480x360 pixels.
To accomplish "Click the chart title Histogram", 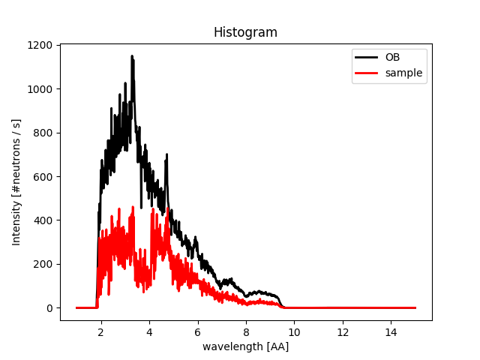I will coord(245,32).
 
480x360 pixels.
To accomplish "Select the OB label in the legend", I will coord(394,57).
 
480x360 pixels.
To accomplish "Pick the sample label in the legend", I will coord(403,73).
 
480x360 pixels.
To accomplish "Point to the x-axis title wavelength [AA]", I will coord(245,346).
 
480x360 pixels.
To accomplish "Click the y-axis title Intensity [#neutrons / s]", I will coord(16,182).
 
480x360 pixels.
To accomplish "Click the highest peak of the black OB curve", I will coord(132,56).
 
